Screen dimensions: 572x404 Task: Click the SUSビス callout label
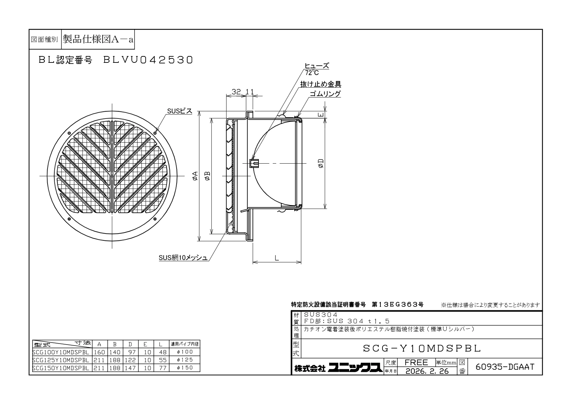point(180,111)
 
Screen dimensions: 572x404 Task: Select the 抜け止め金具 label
point(321,84)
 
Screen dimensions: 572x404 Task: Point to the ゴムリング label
point(325,94)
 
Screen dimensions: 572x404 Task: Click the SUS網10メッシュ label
point(183,258)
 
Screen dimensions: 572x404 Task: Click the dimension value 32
point(236,92)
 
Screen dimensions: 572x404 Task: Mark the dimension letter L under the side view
point(277,258)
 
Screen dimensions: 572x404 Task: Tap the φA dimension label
point(195,176)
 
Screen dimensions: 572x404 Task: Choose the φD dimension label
point(321,163)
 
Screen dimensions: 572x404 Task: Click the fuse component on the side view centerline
point(254,163)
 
